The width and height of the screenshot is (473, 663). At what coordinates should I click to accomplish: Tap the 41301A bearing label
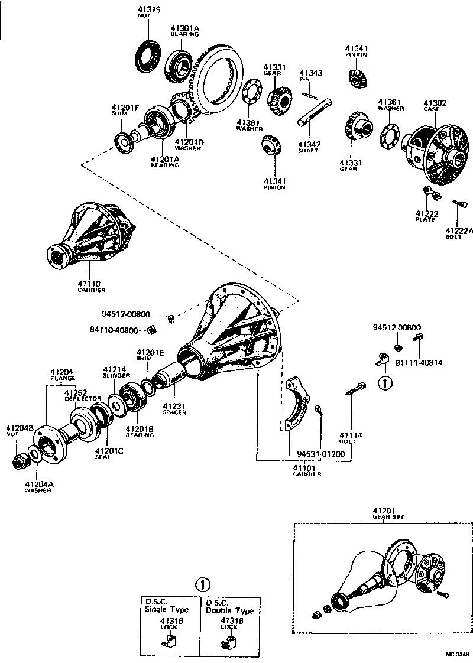pos(185,28)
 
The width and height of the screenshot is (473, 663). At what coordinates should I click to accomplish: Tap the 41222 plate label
pos(425,213)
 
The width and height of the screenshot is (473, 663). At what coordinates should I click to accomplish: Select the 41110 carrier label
pos(91,284)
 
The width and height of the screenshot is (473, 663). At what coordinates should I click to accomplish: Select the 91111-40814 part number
pos(420,362)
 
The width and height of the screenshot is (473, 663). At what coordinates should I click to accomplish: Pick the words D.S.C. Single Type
pos(167,606)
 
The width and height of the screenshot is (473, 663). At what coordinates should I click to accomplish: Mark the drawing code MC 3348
pos(457,655)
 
